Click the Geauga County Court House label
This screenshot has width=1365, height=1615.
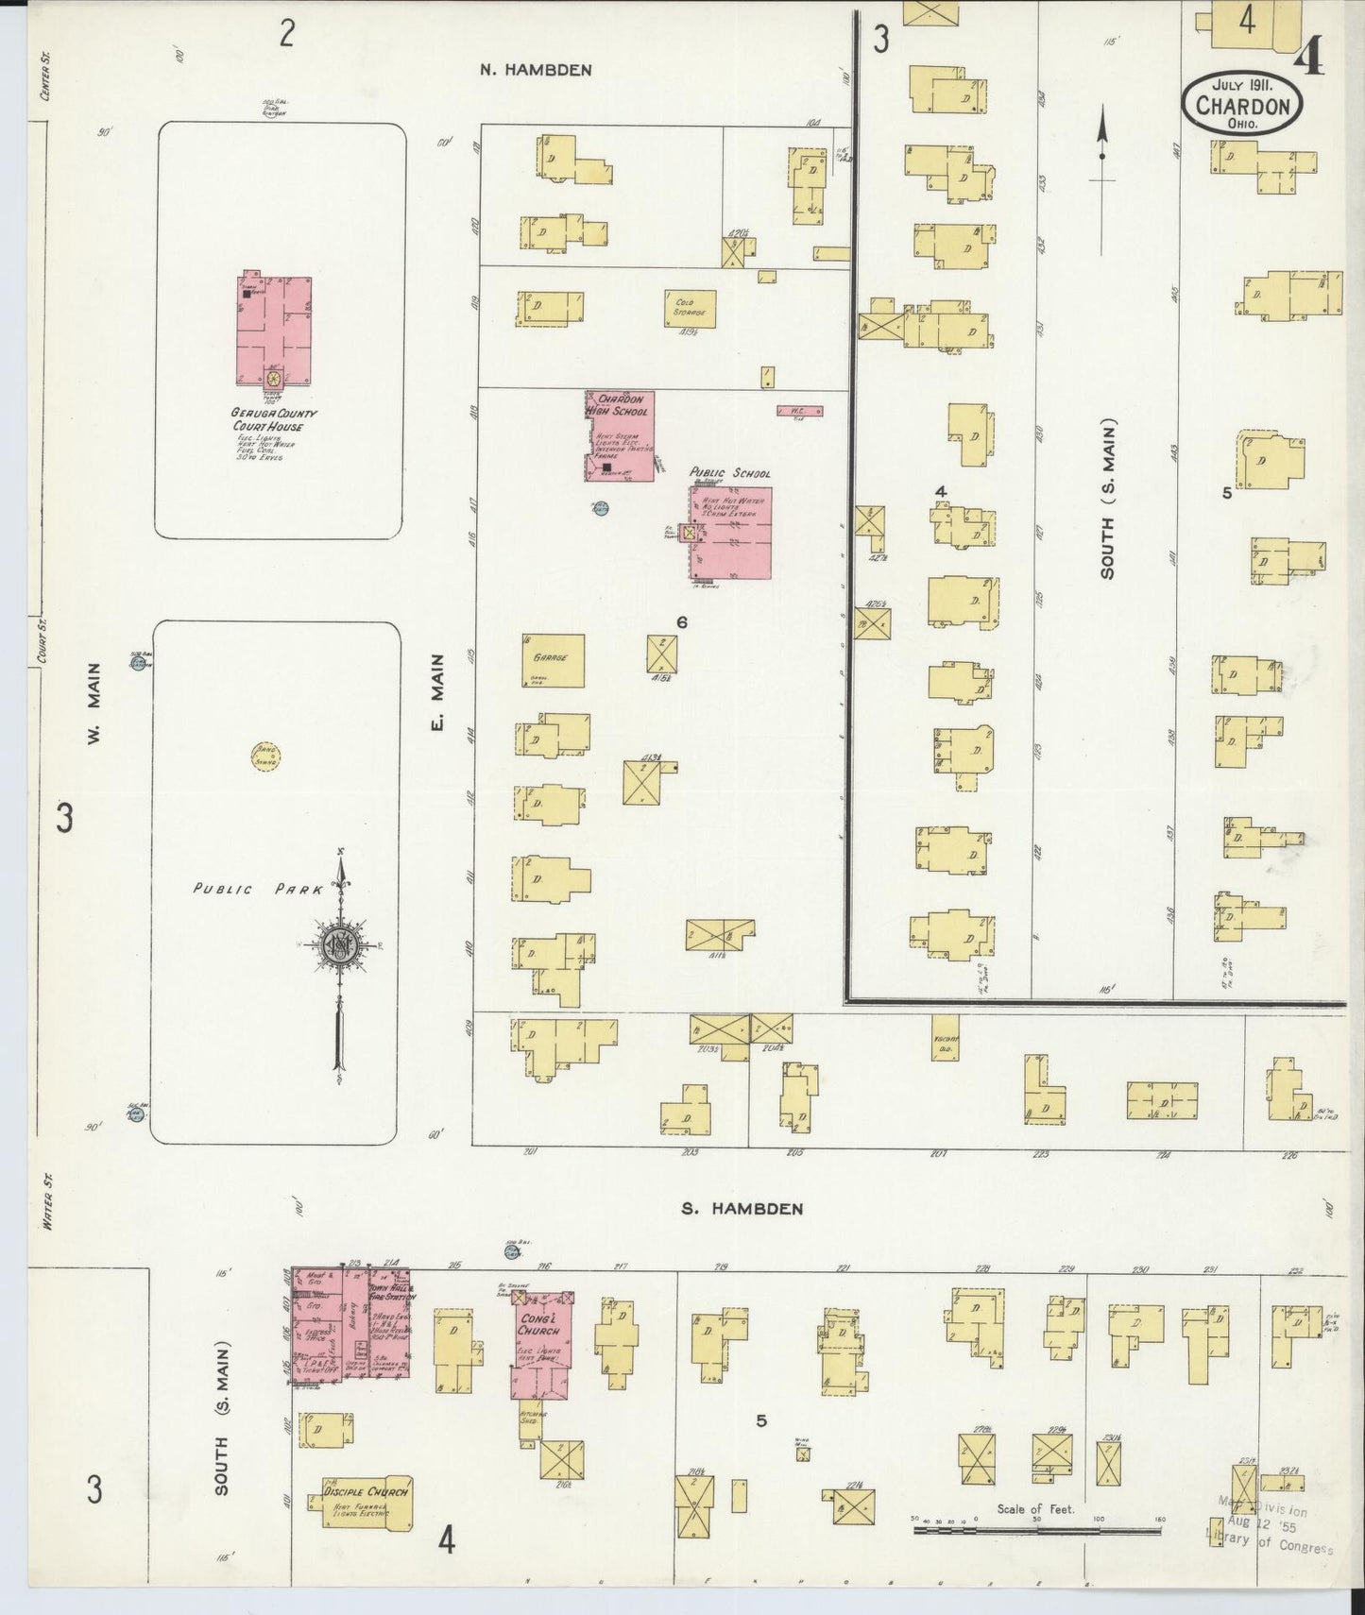coord(274,419)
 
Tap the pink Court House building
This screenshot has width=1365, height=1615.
coord(273,331)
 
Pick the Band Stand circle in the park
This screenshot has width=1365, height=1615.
coord(266,756)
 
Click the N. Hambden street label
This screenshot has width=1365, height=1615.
coord(536,69)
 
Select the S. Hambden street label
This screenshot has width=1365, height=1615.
coord(742,1208)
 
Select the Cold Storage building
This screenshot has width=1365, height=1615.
coord(690,308)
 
